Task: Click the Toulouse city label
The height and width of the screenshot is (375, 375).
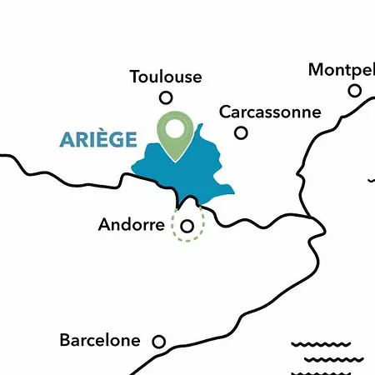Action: point(166,77)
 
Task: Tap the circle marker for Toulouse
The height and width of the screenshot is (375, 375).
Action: point(166,97)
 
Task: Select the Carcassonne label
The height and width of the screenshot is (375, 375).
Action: point(269,112)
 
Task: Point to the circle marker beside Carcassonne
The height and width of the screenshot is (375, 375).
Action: point(241,132)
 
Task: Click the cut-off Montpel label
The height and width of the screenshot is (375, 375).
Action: point(341,69)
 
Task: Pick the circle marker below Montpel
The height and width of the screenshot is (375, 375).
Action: point(355,90)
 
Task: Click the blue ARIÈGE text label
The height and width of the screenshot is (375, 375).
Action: point(98,139)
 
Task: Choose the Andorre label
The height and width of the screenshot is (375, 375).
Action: point(131,225)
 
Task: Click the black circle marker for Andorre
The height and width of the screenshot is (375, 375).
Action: point(187,225)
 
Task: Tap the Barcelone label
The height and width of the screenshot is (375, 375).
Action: point(100,341)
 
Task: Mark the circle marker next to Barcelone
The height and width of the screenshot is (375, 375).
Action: point(158,341)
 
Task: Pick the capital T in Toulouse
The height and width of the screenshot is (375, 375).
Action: point(135,77)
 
